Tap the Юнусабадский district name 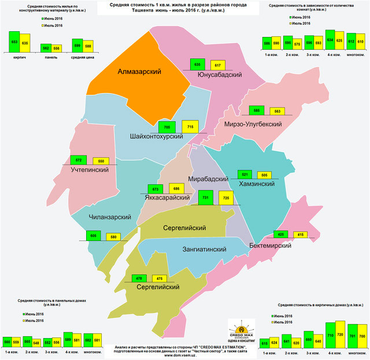click(x=219, y=75)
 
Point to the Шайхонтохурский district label click(x=157, y=136)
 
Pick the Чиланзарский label click(x=109, y=217)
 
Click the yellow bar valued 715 click(x=190, y=128)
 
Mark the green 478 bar click(x=139, y=279)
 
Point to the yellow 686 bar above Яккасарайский click(x=174, y=189)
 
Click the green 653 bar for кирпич click(x=14, y=43)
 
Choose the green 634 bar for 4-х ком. click(x=330, y=40)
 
